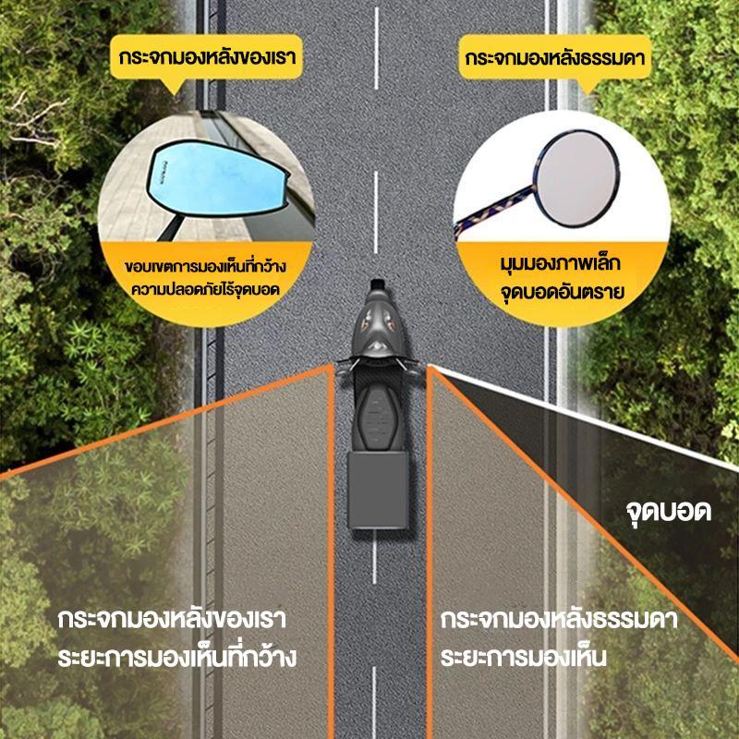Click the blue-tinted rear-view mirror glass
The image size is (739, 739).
[x=217, y=180]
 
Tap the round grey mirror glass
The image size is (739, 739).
[x=578, y=178]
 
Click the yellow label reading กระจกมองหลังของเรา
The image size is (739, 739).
[x=206, y=57]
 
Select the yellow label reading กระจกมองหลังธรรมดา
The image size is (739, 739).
[x=555, y=57]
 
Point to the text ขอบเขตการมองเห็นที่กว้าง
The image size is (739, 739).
[x=205, y=267]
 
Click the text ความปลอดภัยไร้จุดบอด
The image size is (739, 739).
[x=205, y=289]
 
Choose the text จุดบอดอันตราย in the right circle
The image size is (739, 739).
[x=562, y=291]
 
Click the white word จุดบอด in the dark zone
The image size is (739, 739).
[x=668, y=512]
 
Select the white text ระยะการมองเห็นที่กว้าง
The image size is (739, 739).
[x=176, y=657]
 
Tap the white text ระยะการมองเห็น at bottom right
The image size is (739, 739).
[x=523, y=657]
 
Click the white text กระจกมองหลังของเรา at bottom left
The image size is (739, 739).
[x=172, y=619]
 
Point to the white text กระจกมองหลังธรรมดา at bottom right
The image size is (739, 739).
[x=559, y=619]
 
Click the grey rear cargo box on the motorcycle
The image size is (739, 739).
[x=378, y=491]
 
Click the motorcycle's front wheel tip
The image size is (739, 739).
[x=378, y=284]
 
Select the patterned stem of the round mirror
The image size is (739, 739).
[x=495, y=211]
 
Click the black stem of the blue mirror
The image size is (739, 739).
[x=171, y=228]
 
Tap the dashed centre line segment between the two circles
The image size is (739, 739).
[x=376, y=212]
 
